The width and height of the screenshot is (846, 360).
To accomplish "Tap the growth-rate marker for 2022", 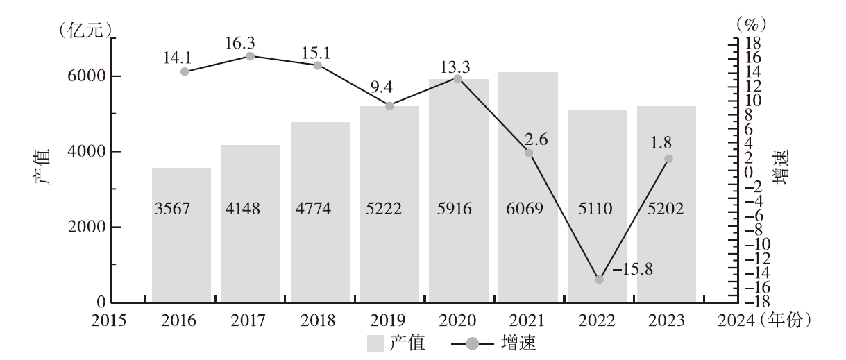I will coord(599,280).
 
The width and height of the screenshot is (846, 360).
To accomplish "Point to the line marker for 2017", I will coord(251,55).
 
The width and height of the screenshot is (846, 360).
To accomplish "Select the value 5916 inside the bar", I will coord(458,208).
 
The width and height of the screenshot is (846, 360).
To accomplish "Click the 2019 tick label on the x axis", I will coord(389,321).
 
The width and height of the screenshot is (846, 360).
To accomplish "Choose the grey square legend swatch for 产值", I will coord(374,343).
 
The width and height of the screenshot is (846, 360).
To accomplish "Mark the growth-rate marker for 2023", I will coord(668,159).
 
